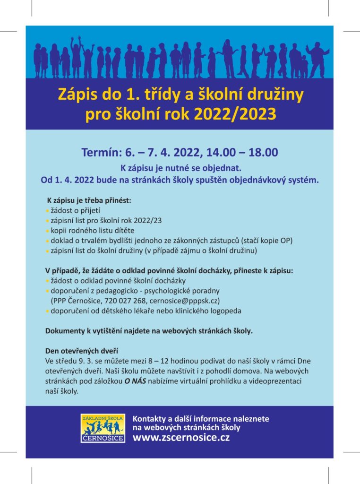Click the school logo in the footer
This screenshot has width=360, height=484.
click(103, 429)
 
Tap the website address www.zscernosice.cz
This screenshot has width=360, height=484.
click(181, 438)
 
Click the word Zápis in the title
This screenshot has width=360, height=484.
click(76, 94)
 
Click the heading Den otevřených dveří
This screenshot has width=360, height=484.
click(81, 351)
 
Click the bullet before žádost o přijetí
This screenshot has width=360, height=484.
click(47, 210)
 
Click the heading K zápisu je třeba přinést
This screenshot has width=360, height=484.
click(89, 200)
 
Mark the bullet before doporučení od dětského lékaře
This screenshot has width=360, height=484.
click(47, 311)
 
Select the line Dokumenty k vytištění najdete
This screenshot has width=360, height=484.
click(149, 331)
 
